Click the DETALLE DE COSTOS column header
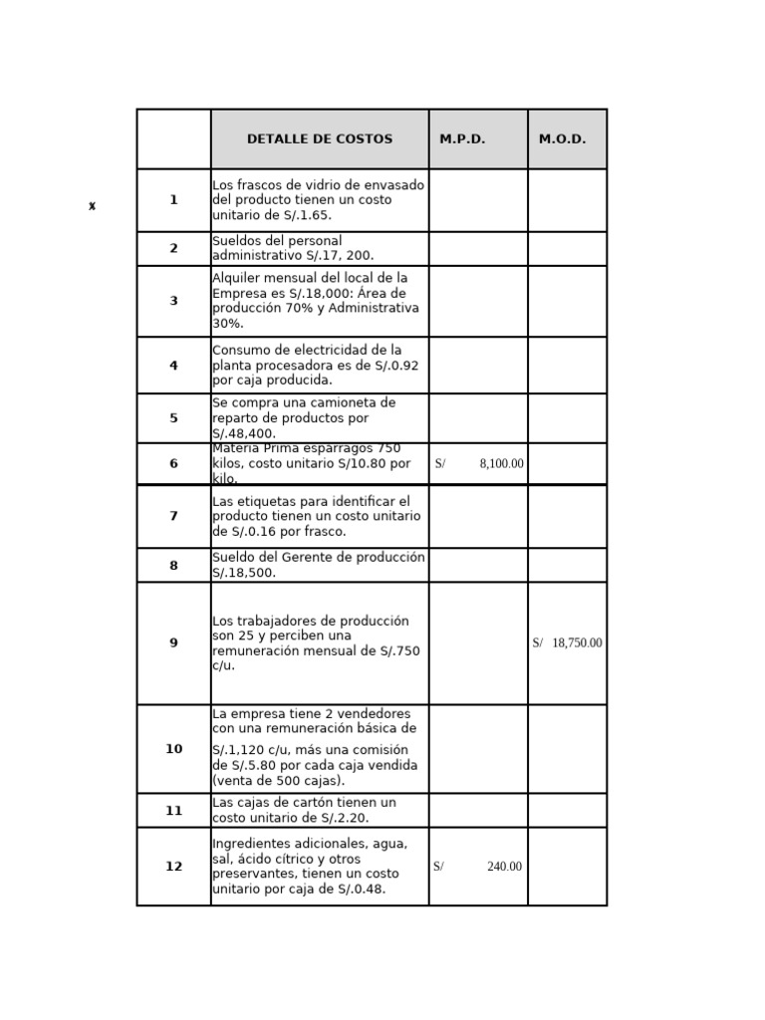click(x=320, y=139)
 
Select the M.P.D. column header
click(x=462, y=139)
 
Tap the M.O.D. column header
click(x=563, y=139)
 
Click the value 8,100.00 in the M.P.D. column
click(x=501, y=464)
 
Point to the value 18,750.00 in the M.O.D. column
click(x=577, y=643)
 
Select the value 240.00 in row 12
click(x=504, y=867)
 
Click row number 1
click(x=173, y=200)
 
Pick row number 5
click(x=173, y=418)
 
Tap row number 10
click(x=173, y=749)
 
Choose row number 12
click(x=173, y=867)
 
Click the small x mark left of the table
click(x=92, y=206)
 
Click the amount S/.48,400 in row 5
click(x=244, y=434)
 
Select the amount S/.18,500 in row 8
click(x=244, y=573)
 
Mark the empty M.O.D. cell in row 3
click(x=567, y=301)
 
